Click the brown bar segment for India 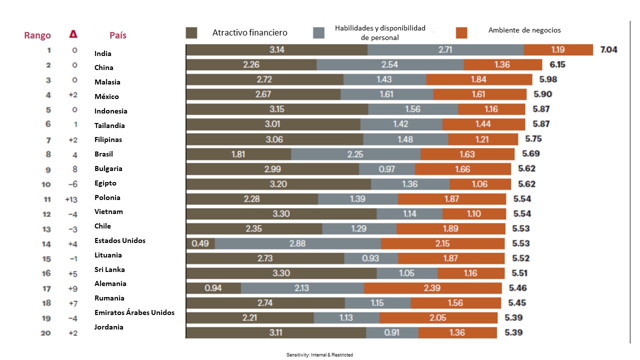(276, 50)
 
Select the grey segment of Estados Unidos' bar (298, 243)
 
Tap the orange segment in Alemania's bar (432, 288)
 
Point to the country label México (106, 96)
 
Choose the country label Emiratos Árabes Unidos (134, 312)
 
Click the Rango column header (37, 35)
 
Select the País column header (118, 35)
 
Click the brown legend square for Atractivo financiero (191, 33)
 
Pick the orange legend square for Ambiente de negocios (461, 33)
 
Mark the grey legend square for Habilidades (319, 33)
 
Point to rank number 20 (45, 332)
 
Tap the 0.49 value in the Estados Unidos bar (199, 243)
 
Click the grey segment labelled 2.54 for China (390, 65)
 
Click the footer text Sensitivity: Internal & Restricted (319, 354)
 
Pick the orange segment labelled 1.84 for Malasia (479, 79)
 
